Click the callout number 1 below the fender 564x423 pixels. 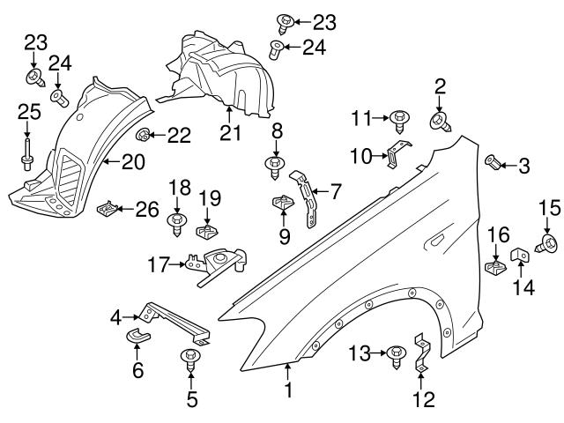287,388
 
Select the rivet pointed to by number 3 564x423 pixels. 493,162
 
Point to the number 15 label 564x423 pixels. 550,208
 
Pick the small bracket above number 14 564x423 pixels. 518,254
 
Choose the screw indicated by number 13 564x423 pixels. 397,354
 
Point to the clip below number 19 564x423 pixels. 207,230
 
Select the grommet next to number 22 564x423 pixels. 142,134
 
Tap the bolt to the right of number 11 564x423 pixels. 399,115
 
